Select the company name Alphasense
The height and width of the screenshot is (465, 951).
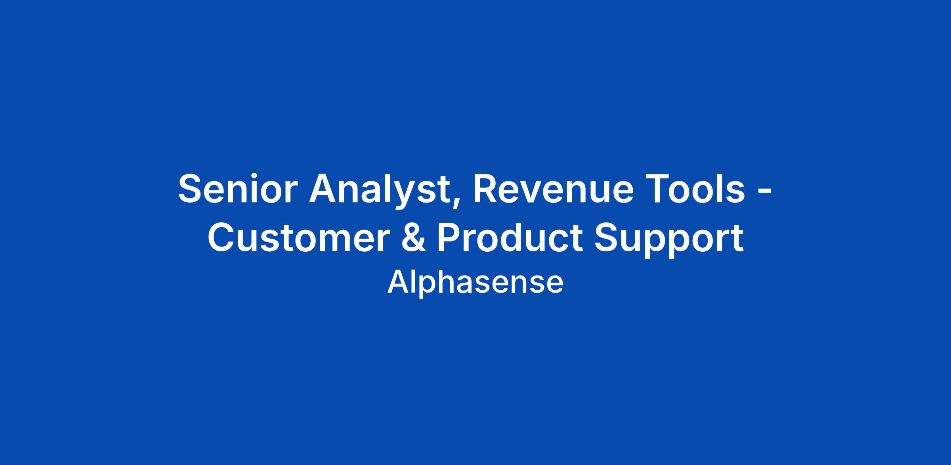tap(475, 282)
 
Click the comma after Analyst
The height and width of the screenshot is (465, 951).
tap(459, 203)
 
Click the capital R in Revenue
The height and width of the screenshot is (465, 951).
tap(488, 189)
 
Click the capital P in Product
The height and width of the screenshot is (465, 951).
tap(451, 238)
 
